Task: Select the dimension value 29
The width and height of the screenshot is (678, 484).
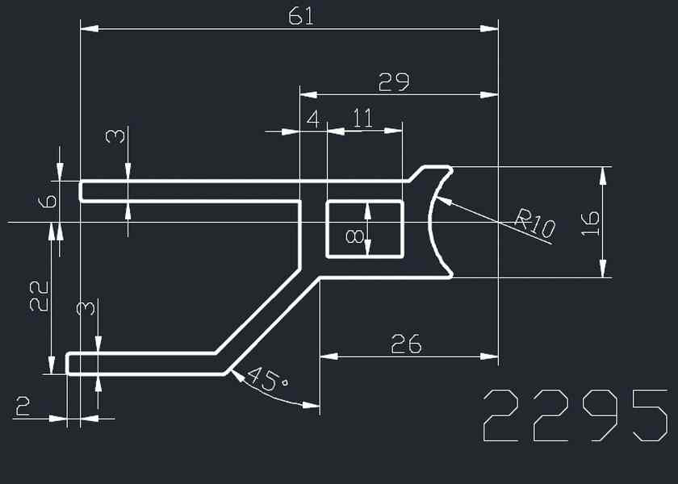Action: pyautogui.click(x=394, y=82)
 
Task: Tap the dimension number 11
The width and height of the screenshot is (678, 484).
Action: pyautogui.click(x=363, y=119)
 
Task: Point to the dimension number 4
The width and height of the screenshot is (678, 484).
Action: pyautogui.click(x=312, y=119)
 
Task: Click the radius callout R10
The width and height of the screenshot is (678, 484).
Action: pyautogui.click(x=535, y=223)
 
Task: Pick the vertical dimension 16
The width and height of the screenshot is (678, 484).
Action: pyautogui.click(x=591, y=222)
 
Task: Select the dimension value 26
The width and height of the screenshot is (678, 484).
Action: pyautogui.click(x=406, y=344)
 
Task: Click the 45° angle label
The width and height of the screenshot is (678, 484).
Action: pyautogui.click(x=267, y=379)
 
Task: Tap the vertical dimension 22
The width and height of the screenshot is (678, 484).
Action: pyautogui.click(x=39, y=296)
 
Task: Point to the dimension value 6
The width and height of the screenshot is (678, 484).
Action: pyautogui.click(x=48, y=201)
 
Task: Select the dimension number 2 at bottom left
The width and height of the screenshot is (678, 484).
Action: pyautogui.click(x=23, y=407)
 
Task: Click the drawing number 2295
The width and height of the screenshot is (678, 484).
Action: pyautogui.click(x=575, y=415)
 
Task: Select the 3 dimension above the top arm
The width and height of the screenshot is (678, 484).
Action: pyautogui.click(x=118, y=136)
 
